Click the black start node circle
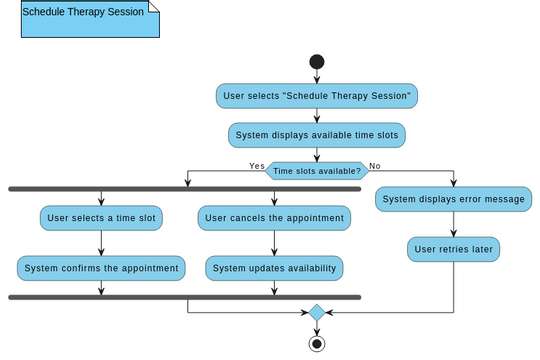pos(317,62)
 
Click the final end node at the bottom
pos(317,344)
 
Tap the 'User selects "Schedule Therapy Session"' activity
pos(317,96)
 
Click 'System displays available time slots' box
pos(317,135)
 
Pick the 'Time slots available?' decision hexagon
pos(317,171)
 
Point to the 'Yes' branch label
pos(257,166)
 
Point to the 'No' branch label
pos(375,166)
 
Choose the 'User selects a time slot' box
pos(101,218)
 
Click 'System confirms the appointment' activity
pos(101,268)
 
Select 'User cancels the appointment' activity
pos(274,218)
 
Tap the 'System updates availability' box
pos(274,268)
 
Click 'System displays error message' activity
pos(453,199)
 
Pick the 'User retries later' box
pos(453,249)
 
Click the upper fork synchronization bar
pos(184,189)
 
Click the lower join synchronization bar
pos(184,297)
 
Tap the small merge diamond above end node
pos(317,313)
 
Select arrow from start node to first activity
pos(317,77)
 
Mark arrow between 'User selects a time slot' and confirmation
pos(101,243)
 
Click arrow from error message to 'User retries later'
pos(453,224)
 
